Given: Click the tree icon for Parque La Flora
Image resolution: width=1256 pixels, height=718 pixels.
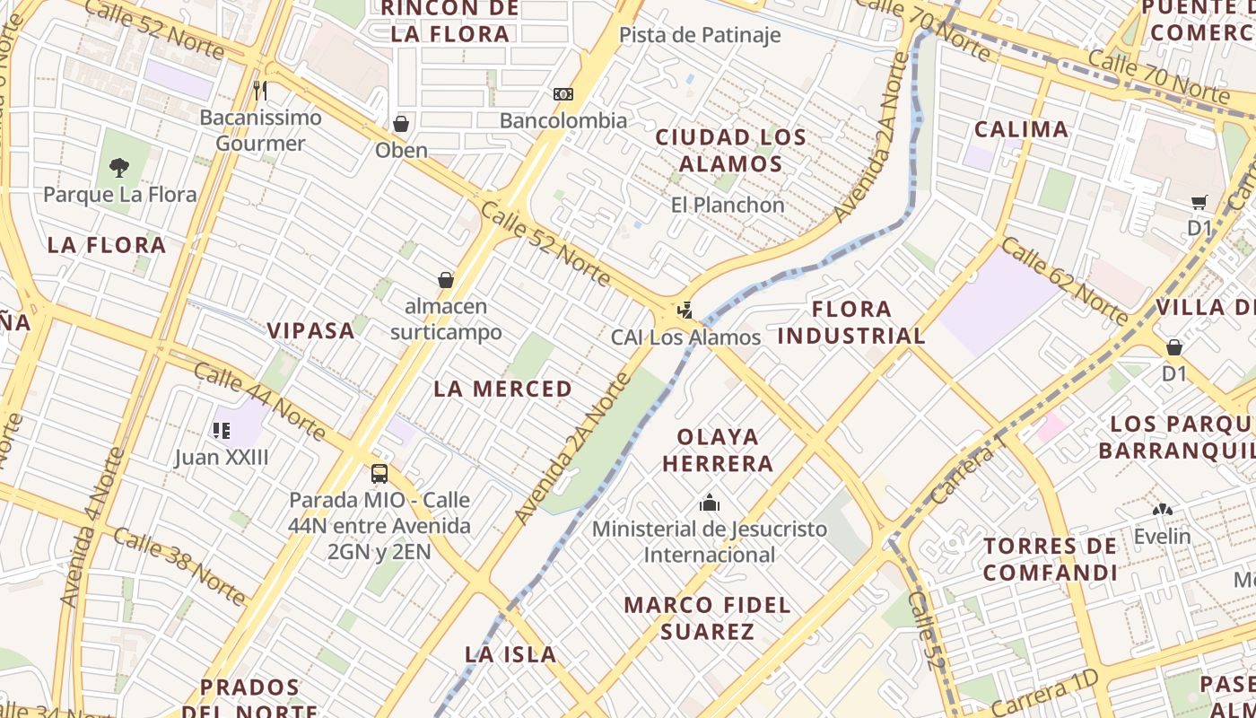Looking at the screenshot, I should point(118,167).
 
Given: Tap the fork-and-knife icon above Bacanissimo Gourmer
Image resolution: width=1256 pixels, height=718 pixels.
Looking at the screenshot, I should point(260,90).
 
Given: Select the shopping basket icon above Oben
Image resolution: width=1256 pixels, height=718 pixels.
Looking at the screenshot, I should point(401,123).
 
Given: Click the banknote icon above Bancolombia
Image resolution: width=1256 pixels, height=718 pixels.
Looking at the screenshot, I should point(563,93).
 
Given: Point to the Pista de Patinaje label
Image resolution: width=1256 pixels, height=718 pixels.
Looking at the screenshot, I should point(700,36).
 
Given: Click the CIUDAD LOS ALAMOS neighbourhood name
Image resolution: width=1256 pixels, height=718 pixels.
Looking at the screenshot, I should point(730,151).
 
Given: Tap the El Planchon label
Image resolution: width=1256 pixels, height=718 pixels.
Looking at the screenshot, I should point(728,205).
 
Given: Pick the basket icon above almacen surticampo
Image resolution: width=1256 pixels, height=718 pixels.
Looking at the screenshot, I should point(446,280).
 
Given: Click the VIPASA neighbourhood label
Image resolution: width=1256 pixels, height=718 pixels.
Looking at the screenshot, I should point(311,330).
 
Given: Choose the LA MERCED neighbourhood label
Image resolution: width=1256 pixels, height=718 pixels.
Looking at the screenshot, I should point(502,389).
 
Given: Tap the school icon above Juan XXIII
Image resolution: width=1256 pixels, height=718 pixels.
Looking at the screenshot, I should point(221,431).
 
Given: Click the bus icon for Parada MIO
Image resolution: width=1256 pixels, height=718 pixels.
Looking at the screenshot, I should point(379,473).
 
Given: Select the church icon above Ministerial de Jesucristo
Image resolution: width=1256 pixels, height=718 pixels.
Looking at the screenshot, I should point(710,502).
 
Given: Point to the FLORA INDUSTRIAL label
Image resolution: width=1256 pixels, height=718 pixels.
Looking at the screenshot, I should point(851,323).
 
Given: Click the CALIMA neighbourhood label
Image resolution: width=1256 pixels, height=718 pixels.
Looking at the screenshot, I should point(1021,129).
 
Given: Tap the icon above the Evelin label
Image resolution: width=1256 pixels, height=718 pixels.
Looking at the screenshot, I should point(1163,510).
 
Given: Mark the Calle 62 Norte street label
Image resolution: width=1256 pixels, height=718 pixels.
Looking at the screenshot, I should point(1064,281).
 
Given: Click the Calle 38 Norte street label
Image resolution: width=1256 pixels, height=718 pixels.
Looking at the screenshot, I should point(179,565).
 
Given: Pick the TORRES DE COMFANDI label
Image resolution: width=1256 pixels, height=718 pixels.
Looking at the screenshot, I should point(1050,559).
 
